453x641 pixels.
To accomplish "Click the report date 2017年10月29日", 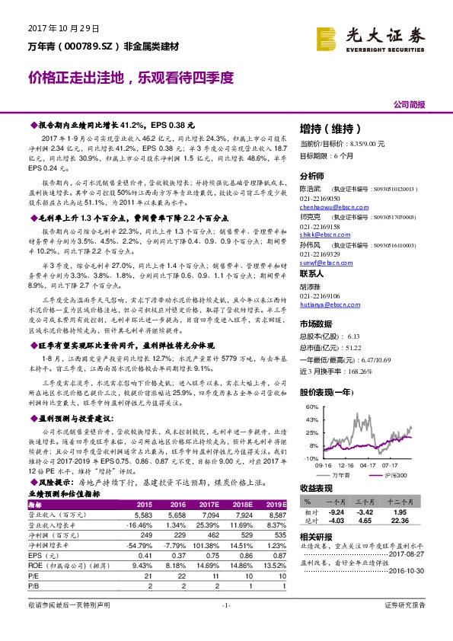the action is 64,28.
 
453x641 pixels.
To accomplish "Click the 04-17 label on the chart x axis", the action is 369,464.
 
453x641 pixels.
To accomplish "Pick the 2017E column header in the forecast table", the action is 211,504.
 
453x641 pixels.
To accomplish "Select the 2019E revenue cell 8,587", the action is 277,515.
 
